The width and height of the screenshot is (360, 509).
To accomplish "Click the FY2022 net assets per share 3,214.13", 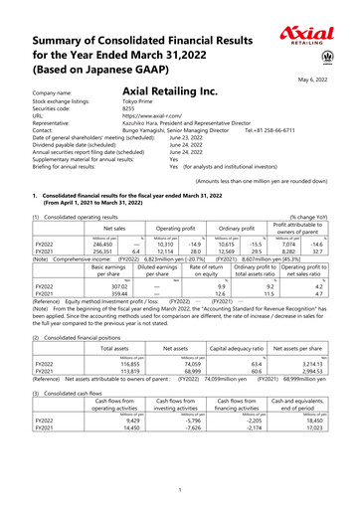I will click(309, 366).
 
